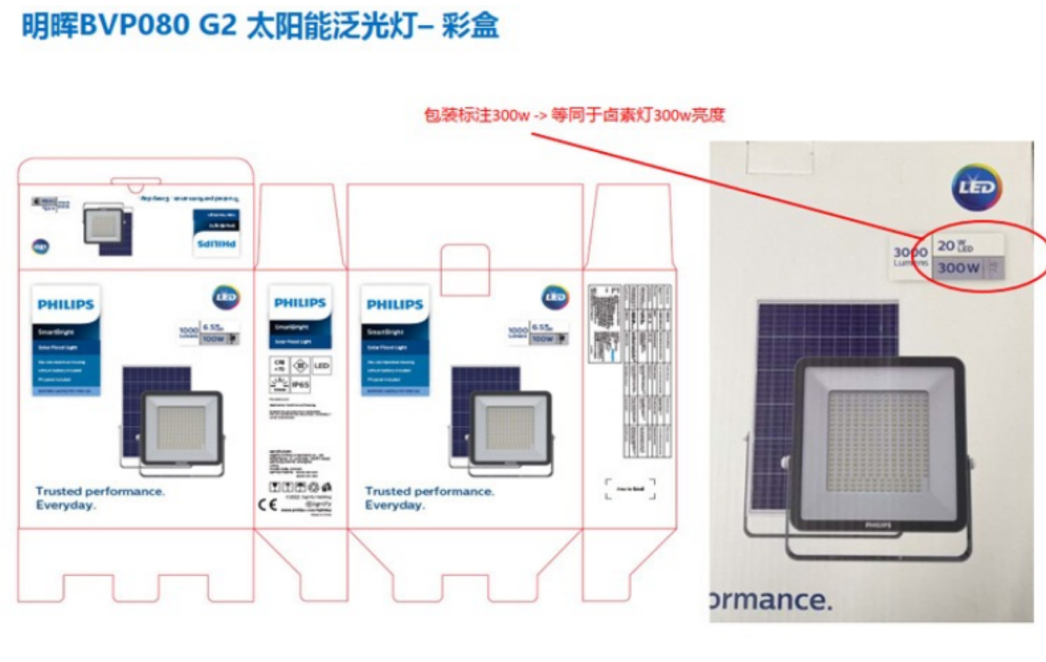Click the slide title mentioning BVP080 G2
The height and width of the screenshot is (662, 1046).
click(260, 26)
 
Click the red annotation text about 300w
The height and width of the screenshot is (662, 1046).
click(574, 115)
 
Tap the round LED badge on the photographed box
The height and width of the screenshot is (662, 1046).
click(976, 187)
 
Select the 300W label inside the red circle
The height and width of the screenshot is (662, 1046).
click(958, 268)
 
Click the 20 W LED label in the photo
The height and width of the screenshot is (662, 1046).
click(955, 246)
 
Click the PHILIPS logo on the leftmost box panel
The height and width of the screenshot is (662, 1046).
click(66, 305)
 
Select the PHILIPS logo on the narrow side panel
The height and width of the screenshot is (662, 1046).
click(300, 303)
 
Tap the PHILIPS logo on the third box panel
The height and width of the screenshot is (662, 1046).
click(395, 305)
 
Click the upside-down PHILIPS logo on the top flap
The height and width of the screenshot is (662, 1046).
click(216, 244)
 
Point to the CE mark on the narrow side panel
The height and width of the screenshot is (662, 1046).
click(267, 505)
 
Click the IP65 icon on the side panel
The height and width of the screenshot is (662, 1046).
click(301, 384)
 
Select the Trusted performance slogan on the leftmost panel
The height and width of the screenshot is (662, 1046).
click(99, 498)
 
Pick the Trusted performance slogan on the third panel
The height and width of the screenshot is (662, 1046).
click(429, 498)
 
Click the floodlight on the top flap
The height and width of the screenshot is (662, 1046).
click(103, 224)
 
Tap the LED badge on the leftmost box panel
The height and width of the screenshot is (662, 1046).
click(226, 297)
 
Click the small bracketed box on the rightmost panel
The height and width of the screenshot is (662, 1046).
click(630, 489)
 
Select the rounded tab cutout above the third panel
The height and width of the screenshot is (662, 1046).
click(465, 269)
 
